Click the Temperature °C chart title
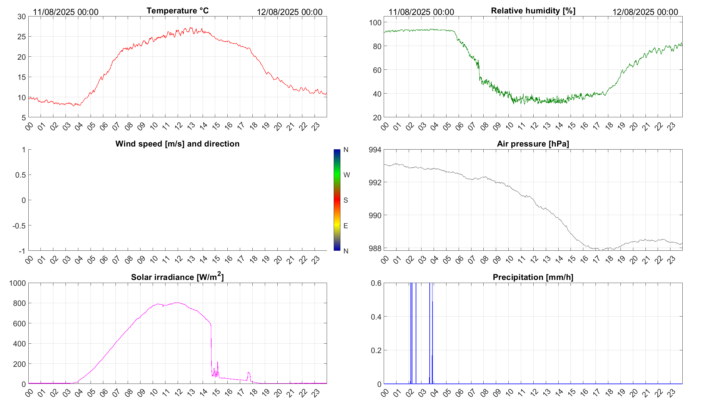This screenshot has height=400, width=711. point(177,11)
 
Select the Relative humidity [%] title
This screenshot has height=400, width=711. point(533,11)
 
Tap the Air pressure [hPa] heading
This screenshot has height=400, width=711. point(533,144)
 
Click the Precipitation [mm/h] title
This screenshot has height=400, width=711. point(533,277)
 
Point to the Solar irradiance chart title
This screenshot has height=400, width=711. point(177,277)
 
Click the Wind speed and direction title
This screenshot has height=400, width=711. point(177,144)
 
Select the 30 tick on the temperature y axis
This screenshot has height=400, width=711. point(22,17)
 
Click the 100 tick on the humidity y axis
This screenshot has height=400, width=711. point(375,23)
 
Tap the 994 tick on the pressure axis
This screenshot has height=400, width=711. point(375,150)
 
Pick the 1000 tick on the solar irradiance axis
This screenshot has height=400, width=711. point(18,283)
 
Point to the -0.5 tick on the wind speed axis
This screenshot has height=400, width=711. point(19,226)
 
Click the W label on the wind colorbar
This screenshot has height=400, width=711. point(347,175)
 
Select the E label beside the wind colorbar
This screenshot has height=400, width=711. point(346,226)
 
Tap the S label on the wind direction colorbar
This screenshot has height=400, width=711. point(346,200)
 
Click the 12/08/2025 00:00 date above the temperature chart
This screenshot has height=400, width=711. point(290,12)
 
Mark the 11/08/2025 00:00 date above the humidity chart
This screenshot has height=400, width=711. point(421,12)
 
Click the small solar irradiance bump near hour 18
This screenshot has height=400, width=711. point(249,373)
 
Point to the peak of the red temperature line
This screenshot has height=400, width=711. point(191,28)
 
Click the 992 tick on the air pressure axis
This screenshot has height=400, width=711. point(375,182)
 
